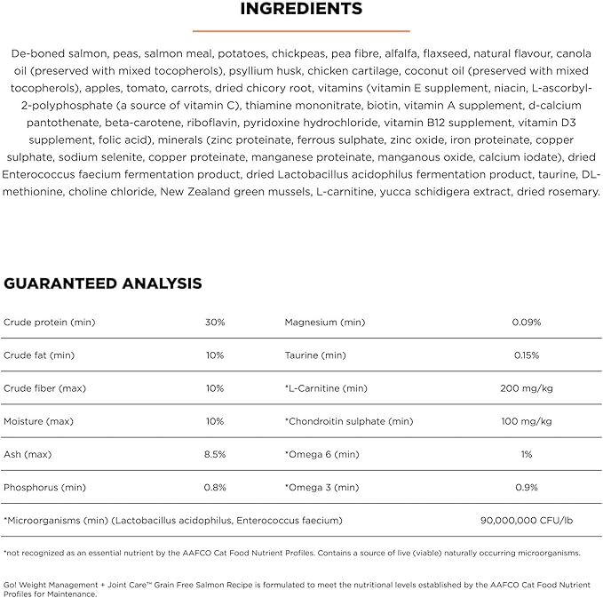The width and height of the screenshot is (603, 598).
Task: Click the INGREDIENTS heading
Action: click(x=301, y=10)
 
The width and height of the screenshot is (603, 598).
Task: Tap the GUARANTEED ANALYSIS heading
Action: click(x=103, y=283)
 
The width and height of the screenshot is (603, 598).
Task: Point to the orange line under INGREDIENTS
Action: click(x=301, y=29)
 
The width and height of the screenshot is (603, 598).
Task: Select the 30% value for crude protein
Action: click(x=215, y=322)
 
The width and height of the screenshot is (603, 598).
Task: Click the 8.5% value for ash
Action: click(x=215, y=453)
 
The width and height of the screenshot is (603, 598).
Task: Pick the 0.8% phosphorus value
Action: click(x=215, y=487)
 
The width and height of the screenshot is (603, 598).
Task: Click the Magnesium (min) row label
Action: click(x=324, y=322)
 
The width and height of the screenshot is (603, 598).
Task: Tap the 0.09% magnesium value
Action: click(x=527, y=322)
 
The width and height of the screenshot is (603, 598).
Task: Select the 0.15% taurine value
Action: click(x=527, y=355)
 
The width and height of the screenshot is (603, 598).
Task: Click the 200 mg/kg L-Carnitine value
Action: click(x=527, y=388)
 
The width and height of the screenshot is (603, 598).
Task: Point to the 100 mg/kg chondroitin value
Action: click(x=527, y=421)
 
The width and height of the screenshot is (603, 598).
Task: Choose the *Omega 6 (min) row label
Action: click(x=321, y=453)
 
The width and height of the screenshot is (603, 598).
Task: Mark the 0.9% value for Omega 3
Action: click(x=527, y=487)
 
